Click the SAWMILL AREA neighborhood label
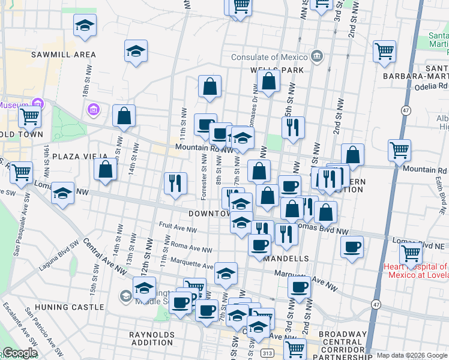[x=64, y=55]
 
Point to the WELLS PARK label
[x=273, y=70]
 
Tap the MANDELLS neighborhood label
[x=286, y=259]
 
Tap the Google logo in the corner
[x=20, y=353]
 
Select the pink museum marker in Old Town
[x=38, y=103]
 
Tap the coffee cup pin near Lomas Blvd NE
[x=352, y=246]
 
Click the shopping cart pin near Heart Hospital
[x=411, y=253]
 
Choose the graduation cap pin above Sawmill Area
[x=85, y=26]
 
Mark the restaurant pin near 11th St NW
[x=175, y=182]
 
